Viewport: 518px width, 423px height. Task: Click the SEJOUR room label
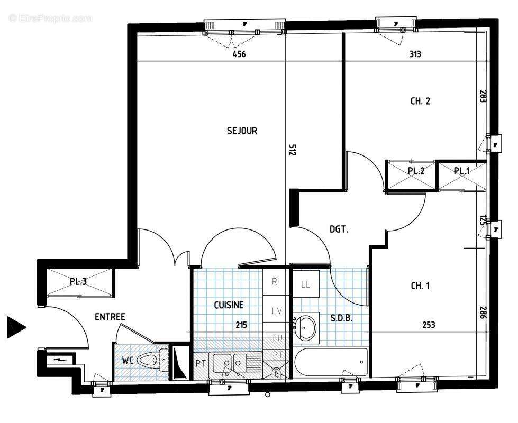tap(242, 131)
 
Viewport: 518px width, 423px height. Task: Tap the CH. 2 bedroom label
tap(420, 101)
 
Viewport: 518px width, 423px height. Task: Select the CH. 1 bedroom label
tap(420, 286)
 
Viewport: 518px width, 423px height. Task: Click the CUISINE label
tap(229, 305)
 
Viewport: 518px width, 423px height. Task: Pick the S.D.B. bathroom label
tap(341, 318)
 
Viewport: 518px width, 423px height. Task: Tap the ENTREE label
tap(110, 317)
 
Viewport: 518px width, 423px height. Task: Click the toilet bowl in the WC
tap(148, 361)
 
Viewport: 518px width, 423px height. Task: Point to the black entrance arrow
tap(15, 327)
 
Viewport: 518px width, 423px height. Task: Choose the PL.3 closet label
tap(78, 282)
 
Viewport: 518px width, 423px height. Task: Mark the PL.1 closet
tap(462, 171)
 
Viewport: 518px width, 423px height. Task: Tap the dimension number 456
tap(240, 54)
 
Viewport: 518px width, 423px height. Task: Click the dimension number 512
tap(292, 150)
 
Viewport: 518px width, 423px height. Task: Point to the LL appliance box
tap(305, 284)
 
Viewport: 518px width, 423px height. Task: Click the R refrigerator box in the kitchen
tap(275, 282)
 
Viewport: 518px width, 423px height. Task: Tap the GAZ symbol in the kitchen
tap(276, 372)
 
